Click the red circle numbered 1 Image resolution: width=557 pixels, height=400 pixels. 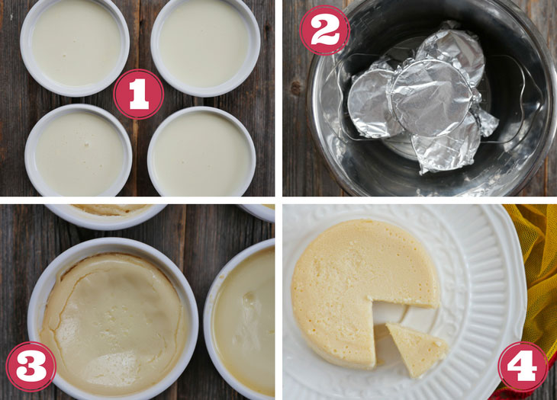[139, 94]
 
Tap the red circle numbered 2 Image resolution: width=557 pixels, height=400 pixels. [325, 30]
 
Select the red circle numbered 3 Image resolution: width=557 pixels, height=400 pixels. [31, 366]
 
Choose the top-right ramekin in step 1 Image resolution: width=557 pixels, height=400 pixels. [205, 47]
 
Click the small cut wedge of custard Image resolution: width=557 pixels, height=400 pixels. [416, 348]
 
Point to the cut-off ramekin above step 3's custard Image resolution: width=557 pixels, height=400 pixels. [106, 216]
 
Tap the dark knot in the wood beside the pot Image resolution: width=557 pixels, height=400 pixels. [295, 88]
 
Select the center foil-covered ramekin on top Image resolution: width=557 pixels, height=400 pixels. [432, 98]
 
